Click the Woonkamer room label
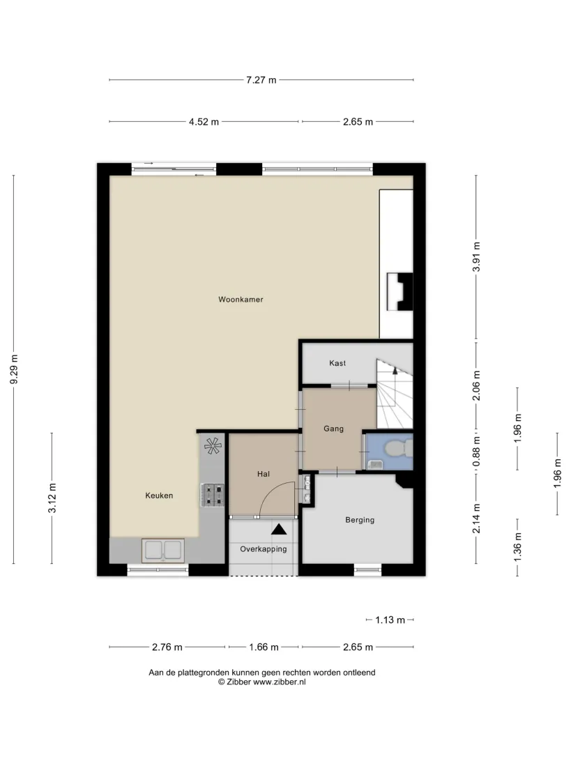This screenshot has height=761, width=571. [x=241, y=300]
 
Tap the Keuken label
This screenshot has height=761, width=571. [x=159, y=495]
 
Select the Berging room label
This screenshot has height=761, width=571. [x=360, y=520]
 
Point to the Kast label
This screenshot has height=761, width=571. [x=337, y=363]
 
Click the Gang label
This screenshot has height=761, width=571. [x=333, y=429]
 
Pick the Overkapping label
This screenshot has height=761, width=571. [x=263, y=549]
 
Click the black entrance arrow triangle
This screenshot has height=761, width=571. [x=279, y=529]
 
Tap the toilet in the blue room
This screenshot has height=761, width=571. [x=399, y=448]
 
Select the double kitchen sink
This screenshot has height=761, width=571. [x=163, y=550]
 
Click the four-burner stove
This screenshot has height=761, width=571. [x=213, y=495]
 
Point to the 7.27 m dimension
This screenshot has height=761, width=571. [x=261, y=80]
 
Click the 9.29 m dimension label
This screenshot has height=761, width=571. [x=14, y=369]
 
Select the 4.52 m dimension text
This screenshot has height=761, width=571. [x=204, y=122]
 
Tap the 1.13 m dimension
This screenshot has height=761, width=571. [x=390, y=620]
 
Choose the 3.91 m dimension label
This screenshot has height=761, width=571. [x=476, y=256]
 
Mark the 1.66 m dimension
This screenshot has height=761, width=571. [x=264, y=647]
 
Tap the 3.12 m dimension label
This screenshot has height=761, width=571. [x=52, y=498]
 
